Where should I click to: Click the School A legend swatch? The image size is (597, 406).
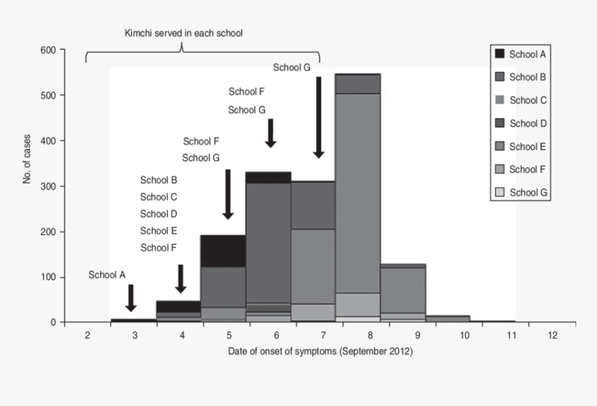pyautogui.click(x=500, y=53)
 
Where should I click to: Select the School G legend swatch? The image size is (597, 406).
pyautogui.click(x=500, y=192)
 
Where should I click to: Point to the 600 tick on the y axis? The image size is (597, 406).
pyautogui.click(x=47, y=50)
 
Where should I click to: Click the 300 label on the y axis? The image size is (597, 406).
pyautogui.click(x=47, y=186)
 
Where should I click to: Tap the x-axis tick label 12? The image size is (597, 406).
pyautogui.click(x=553, y=336)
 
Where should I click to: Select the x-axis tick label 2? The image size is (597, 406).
pyautogui.click(x=87, y=336)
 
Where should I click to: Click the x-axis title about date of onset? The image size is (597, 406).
pyautogui.click(x=321, y=351)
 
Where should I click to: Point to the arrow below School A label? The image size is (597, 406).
pyautogui.click(x=131, y=298)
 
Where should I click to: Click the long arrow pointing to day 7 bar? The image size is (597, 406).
pyautogui.click(x=319, y=118)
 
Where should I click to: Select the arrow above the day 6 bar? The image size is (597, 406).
pyautogui.click(x=271, y=133)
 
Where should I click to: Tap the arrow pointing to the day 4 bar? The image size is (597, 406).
pyautogui.click(x=180, y=279)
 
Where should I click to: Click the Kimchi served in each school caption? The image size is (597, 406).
pyautogui.click(x=183, y=33)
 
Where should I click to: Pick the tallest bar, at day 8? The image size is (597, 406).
pyautogui.click(x=358, y=208)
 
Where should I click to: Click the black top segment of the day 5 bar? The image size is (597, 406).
pyautogui.click(x=224, y=250)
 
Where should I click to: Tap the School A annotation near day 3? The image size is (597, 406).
pyautogui.click(x=107, y=275)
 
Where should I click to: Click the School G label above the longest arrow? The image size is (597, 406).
pyautogui.click(x=292, y=67)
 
